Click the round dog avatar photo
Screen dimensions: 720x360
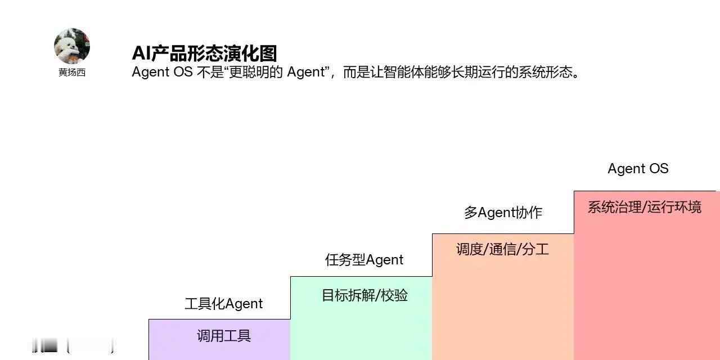pyautogui.click(x=72, y=46)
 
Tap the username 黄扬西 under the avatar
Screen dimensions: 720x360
pyautogui.click(x=72, y=73)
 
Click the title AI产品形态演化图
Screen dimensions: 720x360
pyautogui.click(x=204, y=53)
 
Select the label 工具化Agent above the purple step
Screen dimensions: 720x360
pyautogui.click(x=224, y=304)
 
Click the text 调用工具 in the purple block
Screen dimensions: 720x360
pyautogui.click(x=224, y=336)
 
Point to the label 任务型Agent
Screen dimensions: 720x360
pyautogui.click(x=364, y=260)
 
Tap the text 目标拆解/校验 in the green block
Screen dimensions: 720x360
pyautogui.click(x=364, y=295)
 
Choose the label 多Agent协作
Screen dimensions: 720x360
pyautogui.click(x=503, y=213)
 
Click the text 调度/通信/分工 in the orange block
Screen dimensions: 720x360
pyautogui.click(x=503, y=249)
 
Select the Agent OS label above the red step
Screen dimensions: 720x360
pyautogui.click(x=638, y=169)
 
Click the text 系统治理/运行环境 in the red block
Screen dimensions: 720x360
pyautogui.click(x=645, y=207)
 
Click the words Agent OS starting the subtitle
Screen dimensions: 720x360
pyautogui.click(x=163, y=72)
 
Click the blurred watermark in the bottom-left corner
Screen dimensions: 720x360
pyautogui.click(x=72, y=344)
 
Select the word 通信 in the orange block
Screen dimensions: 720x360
pyautogui.click(x=503, y=249)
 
